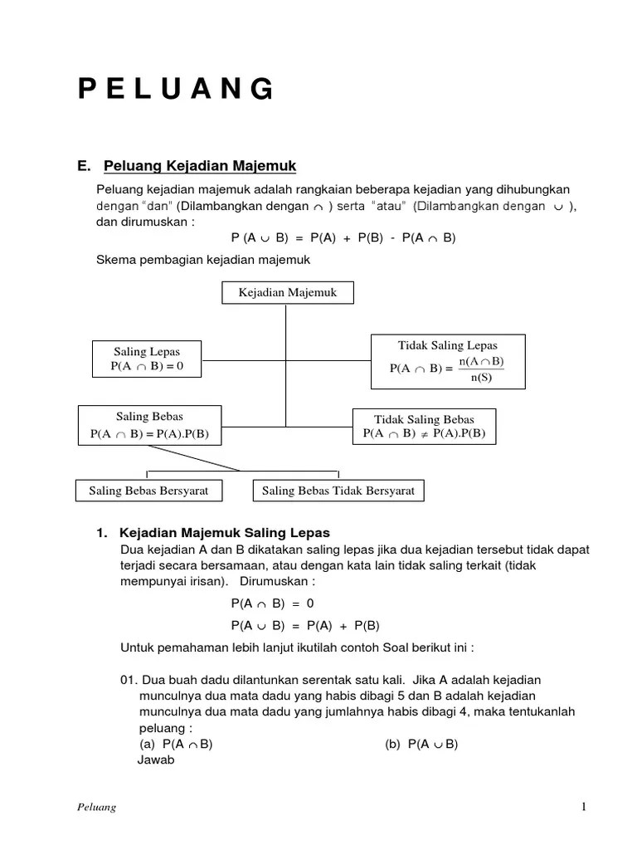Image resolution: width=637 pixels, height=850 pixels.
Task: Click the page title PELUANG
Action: [x=176, y=88]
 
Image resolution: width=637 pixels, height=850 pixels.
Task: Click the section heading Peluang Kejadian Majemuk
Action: [x=199, y=166]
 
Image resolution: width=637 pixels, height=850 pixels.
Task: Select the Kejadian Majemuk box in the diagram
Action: [x=287, y=293]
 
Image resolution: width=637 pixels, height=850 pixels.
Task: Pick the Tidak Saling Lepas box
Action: [x=448, y=361]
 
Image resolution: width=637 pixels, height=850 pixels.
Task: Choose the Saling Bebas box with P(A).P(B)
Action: [x=149, y=425]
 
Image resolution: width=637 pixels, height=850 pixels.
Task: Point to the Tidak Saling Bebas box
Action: [x=424, y=427]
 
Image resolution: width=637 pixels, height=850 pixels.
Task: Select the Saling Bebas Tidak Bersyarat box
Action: [x=338, y=491]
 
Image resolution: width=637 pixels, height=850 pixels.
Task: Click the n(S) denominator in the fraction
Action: [x=481, y=378]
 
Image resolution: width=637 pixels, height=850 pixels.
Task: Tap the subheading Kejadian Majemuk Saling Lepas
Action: [x=224, y=532]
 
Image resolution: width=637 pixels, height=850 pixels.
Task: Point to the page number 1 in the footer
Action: [x=584, y=807]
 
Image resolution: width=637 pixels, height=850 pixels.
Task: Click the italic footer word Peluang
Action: [x=95, y=808]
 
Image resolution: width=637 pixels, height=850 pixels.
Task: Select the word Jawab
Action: [x=155, y=759]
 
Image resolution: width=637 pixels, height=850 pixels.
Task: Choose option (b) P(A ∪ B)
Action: [x=421, y=744]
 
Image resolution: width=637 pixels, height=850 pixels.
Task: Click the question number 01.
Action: [x=129, y=680]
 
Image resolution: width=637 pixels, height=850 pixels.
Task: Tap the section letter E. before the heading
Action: [x=84, y=166]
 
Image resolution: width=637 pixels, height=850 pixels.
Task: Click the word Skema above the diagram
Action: [x=114, y=260]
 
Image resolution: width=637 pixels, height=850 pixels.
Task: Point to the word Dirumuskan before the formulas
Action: [x=279, y=580]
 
